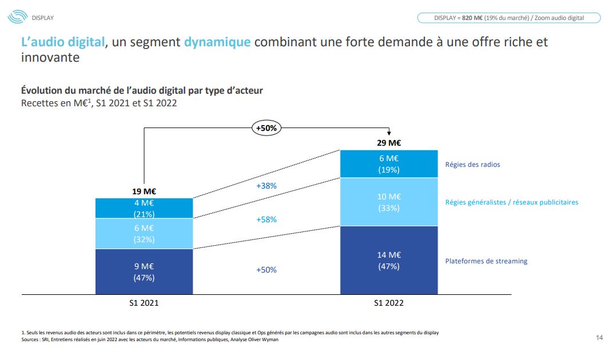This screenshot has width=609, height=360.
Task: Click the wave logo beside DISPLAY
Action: (17, 17)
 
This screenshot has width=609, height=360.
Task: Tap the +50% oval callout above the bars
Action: (266, 128)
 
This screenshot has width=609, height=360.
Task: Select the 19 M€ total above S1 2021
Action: (144, 191)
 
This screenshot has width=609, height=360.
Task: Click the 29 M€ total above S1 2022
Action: (389, 143)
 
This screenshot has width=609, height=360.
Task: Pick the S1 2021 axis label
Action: (144, 303)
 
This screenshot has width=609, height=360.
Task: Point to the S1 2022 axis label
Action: (389, 303)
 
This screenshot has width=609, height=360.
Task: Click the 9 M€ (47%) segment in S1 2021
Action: (144, 272)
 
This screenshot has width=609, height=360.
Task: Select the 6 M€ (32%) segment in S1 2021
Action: (144, 234)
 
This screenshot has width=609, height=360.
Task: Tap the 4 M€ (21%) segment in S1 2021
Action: (144, 208)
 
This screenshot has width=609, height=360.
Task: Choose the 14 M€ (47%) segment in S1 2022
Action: (389, 261)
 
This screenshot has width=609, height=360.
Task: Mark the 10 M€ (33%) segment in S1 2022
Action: (389, 202)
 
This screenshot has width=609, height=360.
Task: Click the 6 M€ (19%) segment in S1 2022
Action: (389, 164)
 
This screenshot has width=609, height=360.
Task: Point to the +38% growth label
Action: (266, 186)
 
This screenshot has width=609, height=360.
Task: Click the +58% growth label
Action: (266, 219)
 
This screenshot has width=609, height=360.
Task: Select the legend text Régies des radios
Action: (472, 165)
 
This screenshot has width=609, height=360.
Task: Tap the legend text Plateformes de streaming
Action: (486, 261)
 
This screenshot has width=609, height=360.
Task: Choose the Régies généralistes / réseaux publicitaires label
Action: (512, 202)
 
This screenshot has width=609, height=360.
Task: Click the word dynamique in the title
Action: (217, 42)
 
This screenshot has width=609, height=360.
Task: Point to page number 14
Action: (599, 338)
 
